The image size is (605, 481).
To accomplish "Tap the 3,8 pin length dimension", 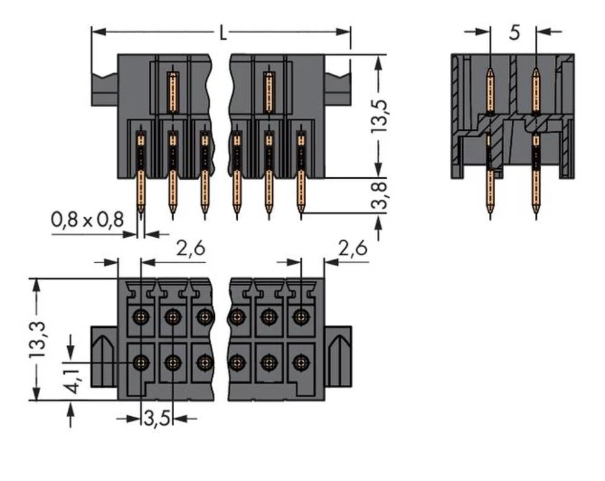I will tap(380, 195).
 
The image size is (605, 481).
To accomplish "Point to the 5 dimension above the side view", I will tap(514, 32).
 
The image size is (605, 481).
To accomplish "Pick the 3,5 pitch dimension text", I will tap(157, 418).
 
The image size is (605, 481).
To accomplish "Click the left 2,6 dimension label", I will tap(190, 249).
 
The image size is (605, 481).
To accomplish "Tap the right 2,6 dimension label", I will tap(353, 249).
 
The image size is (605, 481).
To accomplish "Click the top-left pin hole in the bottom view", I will tap(142, 316).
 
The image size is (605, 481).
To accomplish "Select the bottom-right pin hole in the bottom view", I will tap(299, 362).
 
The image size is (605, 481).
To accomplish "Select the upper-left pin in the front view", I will tap(172, 91).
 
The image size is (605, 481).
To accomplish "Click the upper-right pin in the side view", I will tap(535, 91).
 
